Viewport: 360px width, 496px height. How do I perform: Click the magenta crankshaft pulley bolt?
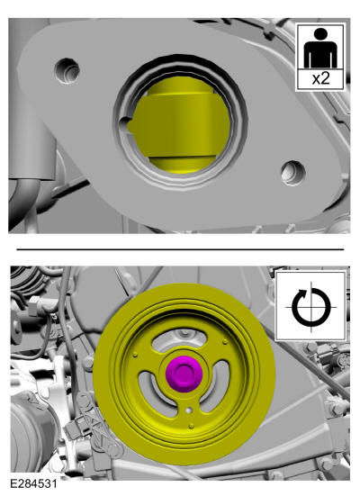pyautogui.click(x=183, y=374)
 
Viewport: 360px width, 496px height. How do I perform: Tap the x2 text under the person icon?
pyautogui.click(x=320, y=78)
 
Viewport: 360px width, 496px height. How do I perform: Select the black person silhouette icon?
pyautogui.click(x=320, y=48)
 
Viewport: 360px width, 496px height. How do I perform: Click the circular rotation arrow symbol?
pyautogui.click(x=310, y=308)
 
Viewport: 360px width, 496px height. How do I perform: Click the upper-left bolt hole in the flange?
pyautogui.click(x=67, y=70)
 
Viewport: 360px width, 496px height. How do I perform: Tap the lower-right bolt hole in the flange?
pyautogui.click(x=293, y=173)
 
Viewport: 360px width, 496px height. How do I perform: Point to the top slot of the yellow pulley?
pyautogui.click(x=180, y=338)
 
